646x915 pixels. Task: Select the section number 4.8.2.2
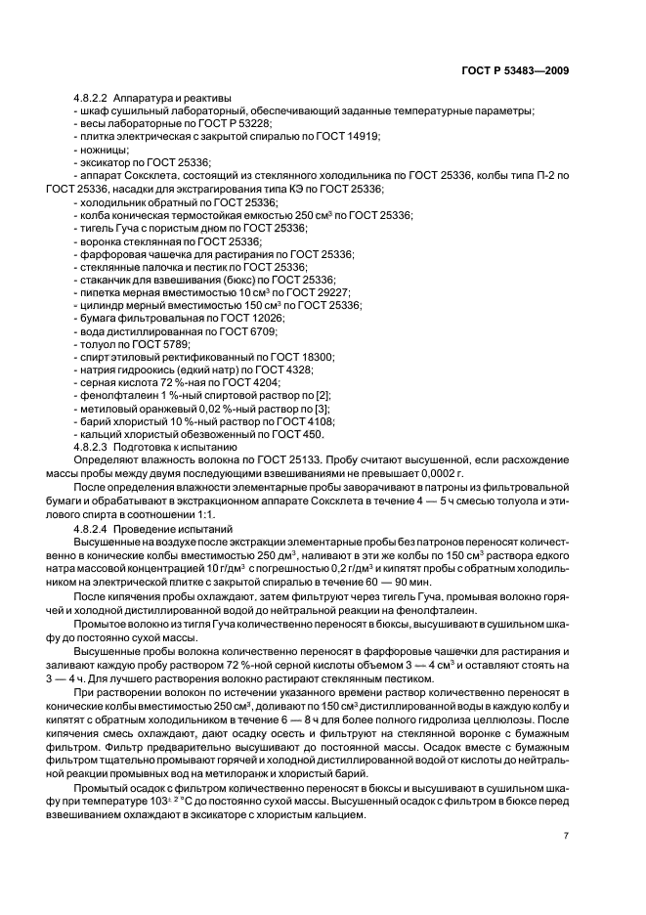[x=92, y=99]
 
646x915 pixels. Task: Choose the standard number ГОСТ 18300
[x=301, y=356]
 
